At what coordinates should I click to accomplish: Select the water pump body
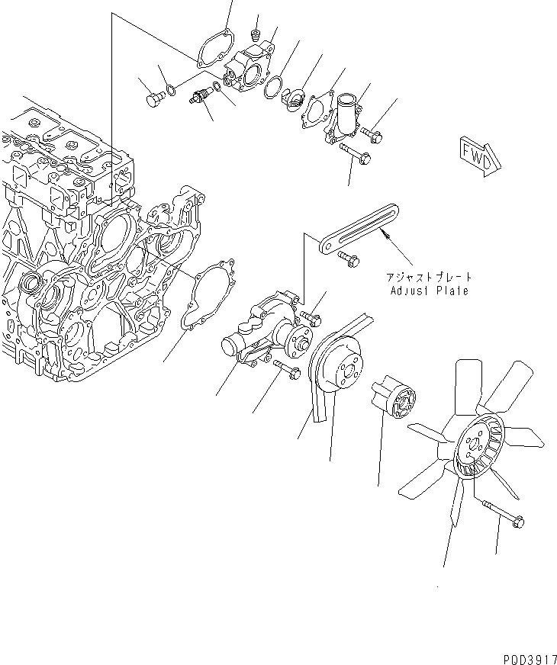[263, 332]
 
